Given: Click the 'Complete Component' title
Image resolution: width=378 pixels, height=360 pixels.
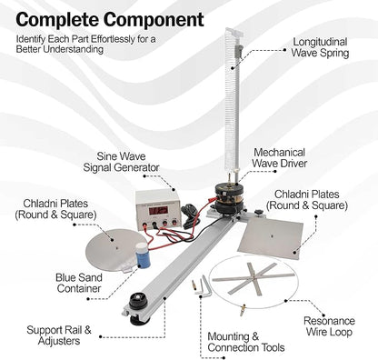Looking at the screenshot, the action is pos(110,19).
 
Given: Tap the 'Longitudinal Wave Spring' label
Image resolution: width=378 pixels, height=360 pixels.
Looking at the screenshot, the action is pos(320,47).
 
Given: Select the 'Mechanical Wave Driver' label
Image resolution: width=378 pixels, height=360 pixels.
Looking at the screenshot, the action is pos(280,157).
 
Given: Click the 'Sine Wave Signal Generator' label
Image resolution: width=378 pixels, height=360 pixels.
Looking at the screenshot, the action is pos(121,162).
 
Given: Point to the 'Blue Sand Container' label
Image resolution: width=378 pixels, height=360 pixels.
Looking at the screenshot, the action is pos(79,283).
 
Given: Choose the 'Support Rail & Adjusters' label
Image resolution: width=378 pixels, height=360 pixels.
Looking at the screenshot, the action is pos(59,335).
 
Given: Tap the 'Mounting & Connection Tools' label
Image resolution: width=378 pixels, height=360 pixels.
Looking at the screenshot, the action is pos(246,342).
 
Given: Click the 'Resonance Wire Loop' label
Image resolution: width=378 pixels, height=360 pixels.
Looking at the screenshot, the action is pos(329,326).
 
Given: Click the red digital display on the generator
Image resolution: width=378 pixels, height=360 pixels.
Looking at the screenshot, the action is pos(159,210).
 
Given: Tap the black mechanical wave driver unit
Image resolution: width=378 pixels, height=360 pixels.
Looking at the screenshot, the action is pos(229,199).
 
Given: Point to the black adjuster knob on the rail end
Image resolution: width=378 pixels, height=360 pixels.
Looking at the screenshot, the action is pos(138,301).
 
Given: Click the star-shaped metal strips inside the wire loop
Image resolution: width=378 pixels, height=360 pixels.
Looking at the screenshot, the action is pos(253,276).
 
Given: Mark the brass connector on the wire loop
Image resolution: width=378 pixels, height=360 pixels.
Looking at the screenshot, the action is pos(243,310).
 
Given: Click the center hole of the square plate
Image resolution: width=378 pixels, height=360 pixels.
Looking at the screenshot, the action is pos(273,235).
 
